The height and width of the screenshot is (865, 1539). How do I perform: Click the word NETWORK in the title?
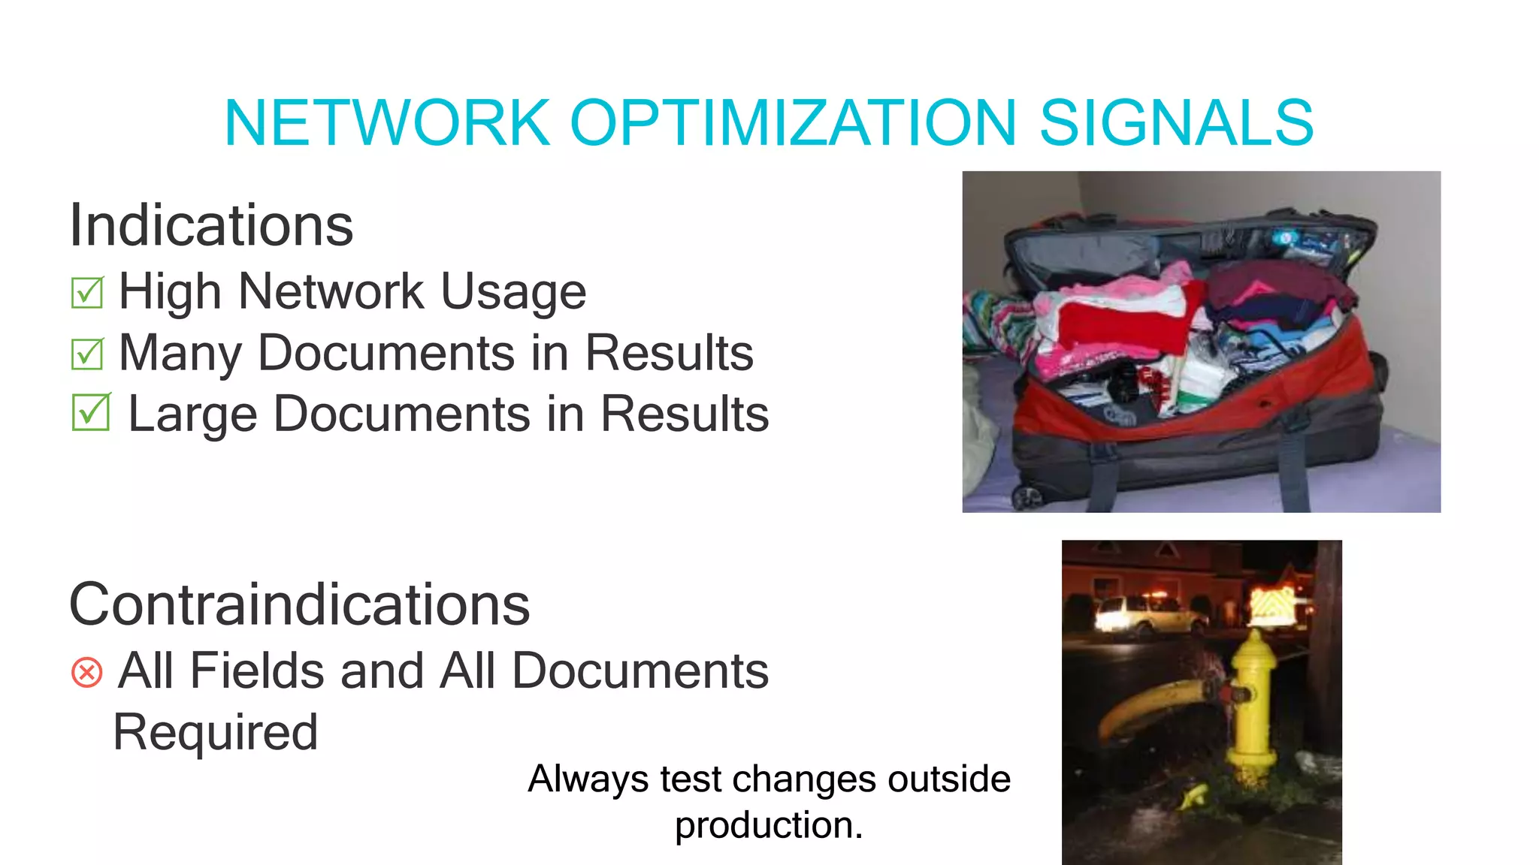pyautogui.click(x=387, y=122)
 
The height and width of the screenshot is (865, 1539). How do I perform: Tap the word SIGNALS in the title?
pyautogui.click(x=1176, y=122)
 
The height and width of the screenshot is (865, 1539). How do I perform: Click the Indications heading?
pyautogui.click(x=211, y=225)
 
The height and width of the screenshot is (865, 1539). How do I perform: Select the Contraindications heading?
pyautogui.click(x=299, y=604)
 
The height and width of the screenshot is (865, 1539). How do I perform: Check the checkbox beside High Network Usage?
pyautogui.click(x=87, y=292)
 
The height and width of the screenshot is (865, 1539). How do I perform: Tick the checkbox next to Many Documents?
pyautogui.click(x=87, y=354)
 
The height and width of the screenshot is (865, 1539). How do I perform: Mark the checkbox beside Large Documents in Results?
pyautogui.click(x=91, y=413)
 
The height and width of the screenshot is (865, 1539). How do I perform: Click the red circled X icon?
pyautogui.click(x=86, y=672)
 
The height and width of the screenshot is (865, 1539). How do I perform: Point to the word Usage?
pyautogui.click(x=512, y=292)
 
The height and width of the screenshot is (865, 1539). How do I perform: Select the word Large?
pyautogui.click(x=192, y=414)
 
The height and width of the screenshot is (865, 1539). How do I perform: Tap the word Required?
pyautogui.click(x=216, y=732)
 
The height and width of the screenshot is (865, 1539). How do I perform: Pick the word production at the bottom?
pyautogui.click(x=768, y=826)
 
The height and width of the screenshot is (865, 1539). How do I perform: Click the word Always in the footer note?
pyautogui.click(x=588, y=779)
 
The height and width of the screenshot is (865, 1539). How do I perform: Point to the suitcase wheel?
pyautogui.click(x=1027, y=496)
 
